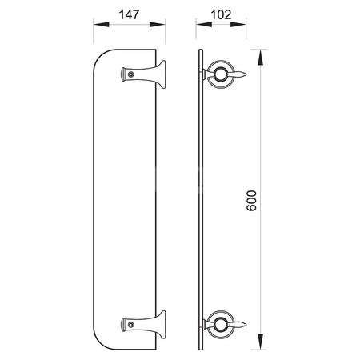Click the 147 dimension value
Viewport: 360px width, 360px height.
(x=129, y=15)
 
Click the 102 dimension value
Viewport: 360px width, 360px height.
(x=221, y=15)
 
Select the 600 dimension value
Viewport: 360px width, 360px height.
(x=251, y=201)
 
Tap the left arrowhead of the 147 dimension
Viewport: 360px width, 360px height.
(x=101, y=25)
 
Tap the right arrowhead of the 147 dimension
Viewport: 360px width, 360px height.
(x=158, y=25)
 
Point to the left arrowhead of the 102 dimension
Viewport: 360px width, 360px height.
(x=204, y=25)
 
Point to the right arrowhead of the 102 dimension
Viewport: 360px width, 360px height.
(x=238, y=25)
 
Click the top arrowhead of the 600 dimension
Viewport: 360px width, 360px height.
(x=260, y=58)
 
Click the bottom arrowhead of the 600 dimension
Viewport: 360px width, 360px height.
(x=260, y=342)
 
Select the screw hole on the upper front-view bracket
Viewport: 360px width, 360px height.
(x=130, y=74)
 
